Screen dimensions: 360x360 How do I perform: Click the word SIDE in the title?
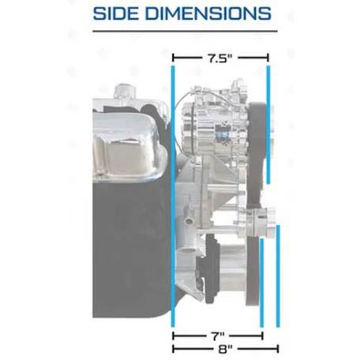tap(116, 13)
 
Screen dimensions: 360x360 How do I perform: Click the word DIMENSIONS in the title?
tap(208, 13)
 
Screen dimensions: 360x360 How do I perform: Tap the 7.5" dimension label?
tap(220, 58)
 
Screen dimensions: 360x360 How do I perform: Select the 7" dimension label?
tap(218, 336)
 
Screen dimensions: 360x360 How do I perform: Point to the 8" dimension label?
tap(226, 349)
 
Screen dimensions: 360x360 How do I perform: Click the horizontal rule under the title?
tap(185, 31)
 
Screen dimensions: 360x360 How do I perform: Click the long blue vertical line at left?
tap(173, 197)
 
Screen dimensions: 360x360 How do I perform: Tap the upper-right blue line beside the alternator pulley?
tap(268, 125)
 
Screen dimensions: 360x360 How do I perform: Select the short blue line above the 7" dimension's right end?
tap(261, 283)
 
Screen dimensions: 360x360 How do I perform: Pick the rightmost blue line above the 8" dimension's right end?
tap(278, 276)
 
